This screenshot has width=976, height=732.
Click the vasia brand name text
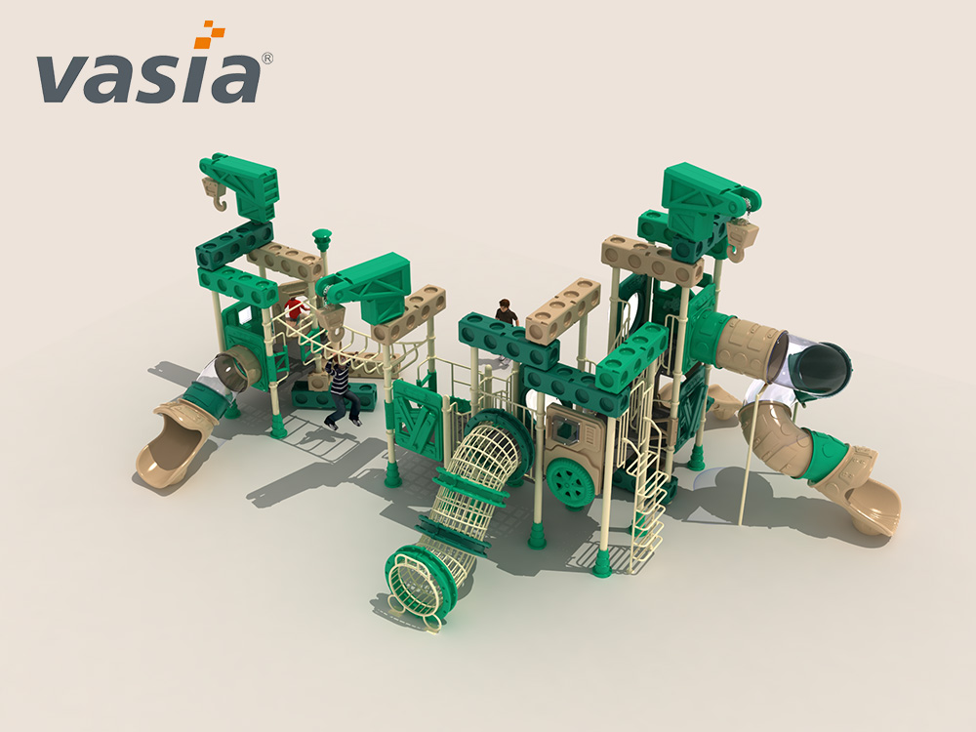(x=148, y=78)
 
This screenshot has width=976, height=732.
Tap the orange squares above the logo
(x=209, y=34)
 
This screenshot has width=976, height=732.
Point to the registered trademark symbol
(x=266, y=58)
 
